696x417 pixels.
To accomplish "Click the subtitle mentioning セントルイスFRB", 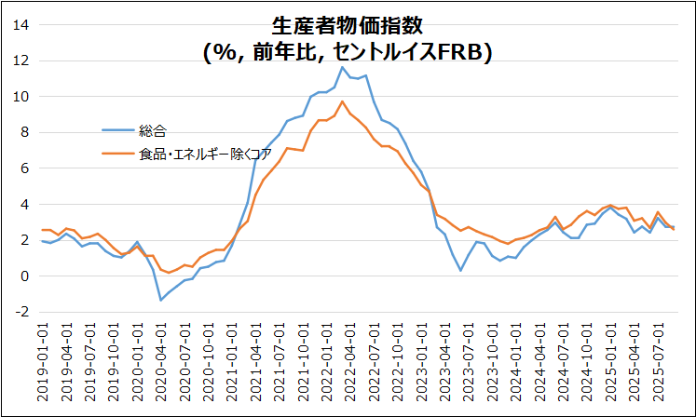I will pyautogui.click(x=347, y=53).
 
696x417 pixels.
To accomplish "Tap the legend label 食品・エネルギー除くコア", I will pyautogui.click(x=193, y=154).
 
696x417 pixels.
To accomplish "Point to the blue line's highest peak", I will pyautogui.click(x=342, y=67).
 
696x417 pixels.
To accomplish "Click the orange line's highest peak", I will pyautogui.click(x=342, y=101).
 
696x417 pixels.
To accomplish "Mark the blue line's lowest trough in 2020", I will pyautogui.click(x=161, y=300).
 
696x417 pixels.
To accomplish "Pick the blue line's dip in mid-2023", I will pyautogui.click(x=460, y=270).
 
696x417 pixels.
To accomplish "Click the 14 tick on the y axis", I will pyautogui.click(x=21, y=25).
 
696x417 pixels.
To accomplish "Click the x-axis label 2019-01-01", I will pyautogui.click(x=43, y=362).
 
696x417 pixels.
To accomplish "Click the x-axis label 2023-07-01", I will pyautogui.click(x=461, y=362).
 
